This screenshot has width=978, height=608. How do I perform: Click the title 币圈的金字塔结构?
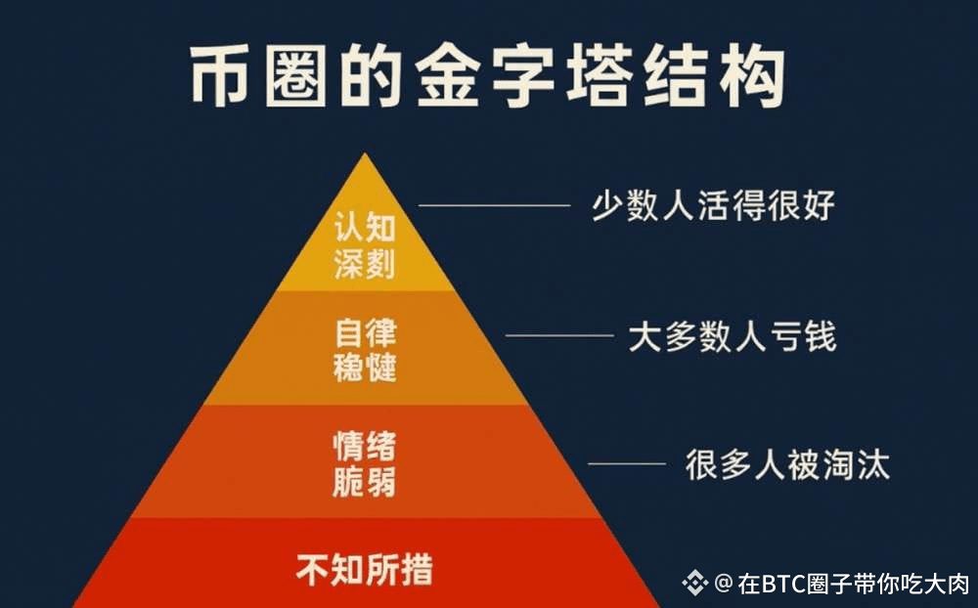click(x=487, y=76)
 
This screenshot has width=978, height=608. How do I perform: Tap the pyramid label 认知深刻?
click(x=365, y=246)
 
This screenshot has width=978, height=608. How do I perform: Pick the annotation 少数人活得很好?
click(x=713, y=205)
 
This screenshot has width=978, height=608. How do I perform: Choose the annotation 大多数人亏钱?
click(x=732, y=337)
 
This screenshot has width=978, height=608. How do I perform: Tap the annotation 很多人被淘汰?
click(x=787, y=464)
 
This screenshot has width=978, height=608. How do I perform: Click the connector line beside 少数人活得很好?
click(x=494, y=205)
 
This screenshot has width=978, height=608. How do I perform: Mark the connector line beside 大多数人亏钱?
click(x=559, y=335)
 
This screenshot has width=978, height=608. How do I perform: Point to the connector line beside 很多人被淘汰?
click(x=626, y=463)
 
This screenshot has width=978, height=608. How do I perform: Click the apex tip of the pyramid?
click(x=366, y=156)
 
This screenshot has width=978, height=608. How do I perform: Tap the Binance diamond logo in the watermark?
click(x=695, y=584)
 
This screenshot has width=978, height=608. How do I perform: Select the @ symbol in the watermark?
click(x=723, y=584)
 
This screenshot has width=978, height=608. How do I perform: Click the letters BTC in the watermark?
click(x=782, y=585)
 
